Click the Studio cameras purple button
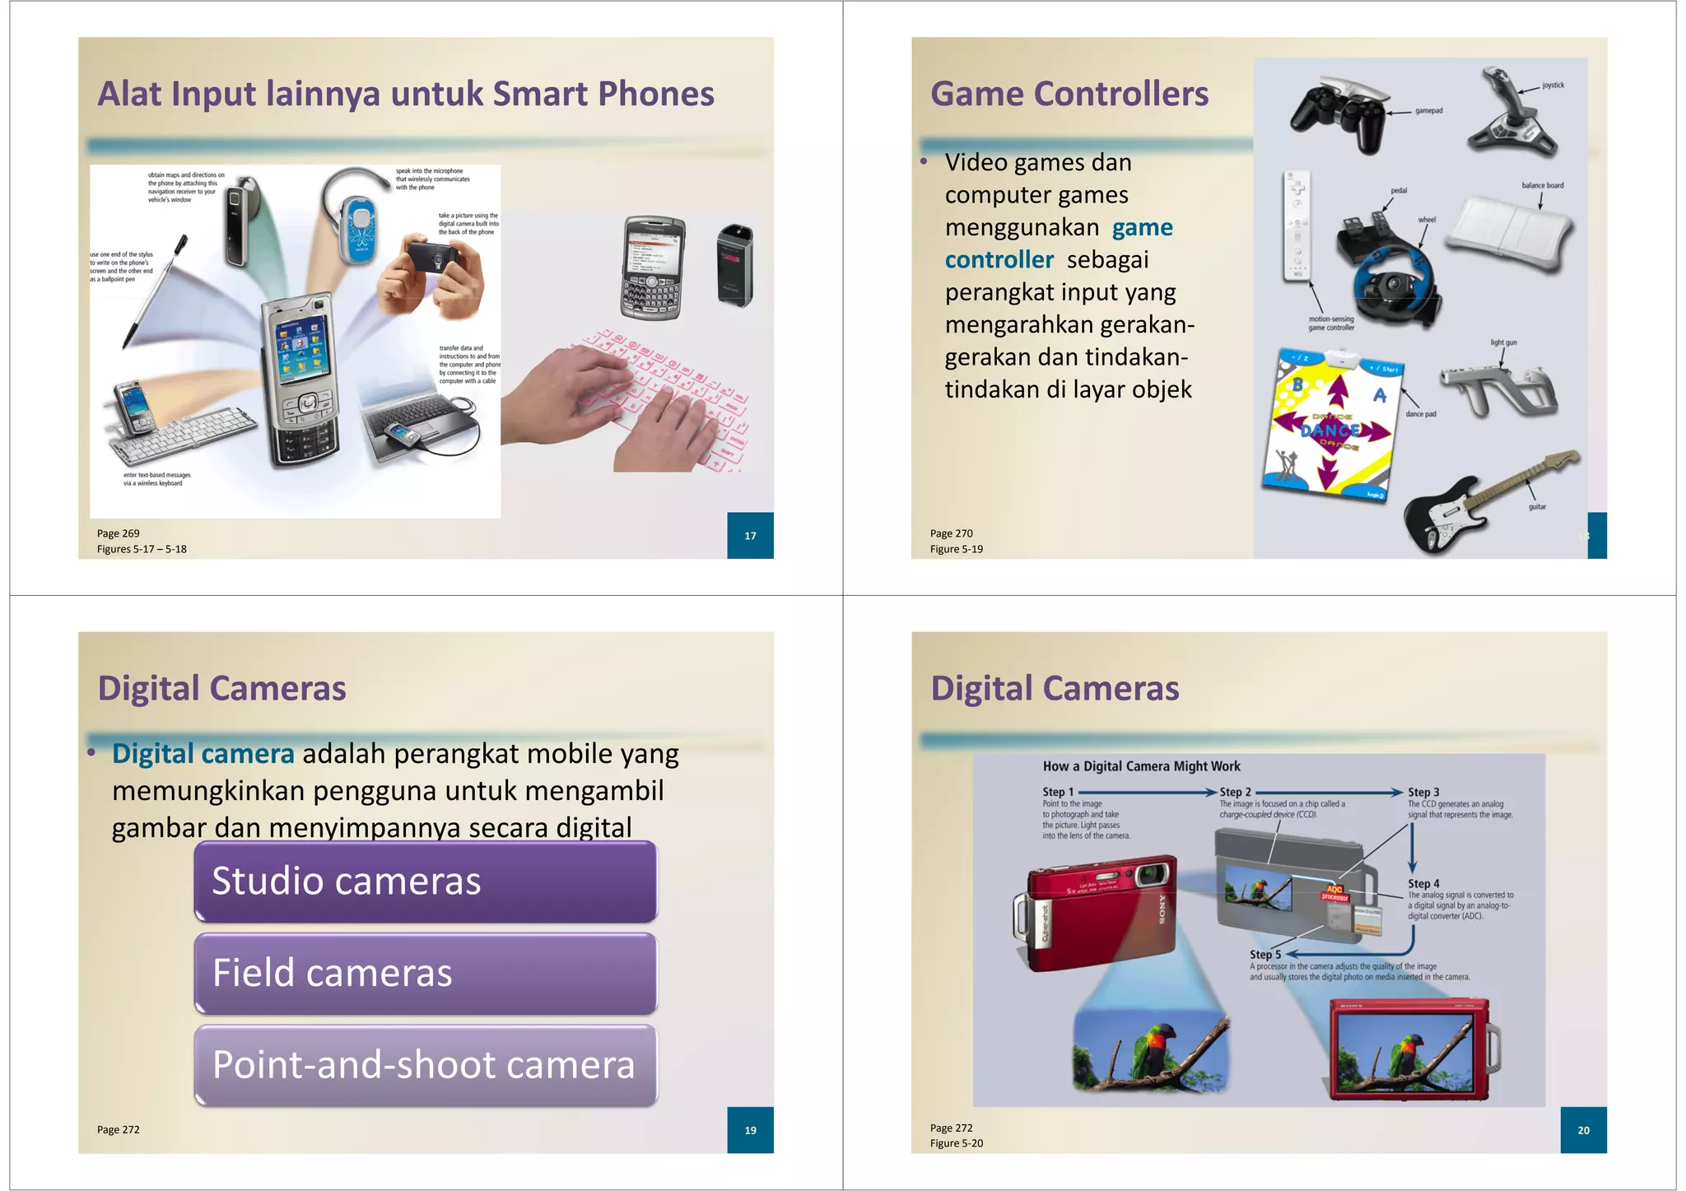click(x=425, y=882)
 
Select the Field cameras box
click(x=425, y=973)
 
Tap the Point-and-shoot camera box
click(x=425, y=1065)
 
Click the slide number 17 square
click(x=750, y=536)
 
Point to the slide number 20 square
click(x=1583, y=1130)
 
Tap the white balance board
click(x=1508, y=232)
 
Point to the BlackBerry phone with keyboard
click(x=653, y=268)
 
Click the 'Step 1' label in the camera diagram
click(x=1058, y=792)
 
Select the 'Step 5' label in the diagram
click(x=1265, y=955)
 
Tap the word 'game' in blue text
click(x=1142, y=227)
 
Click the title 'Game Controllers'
click(x=1069, y=94)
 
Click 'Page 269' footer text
click(x=119, y=533)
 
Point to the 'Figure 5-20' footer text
click(x=957, y=1143)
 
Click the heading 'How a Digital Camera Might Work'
click(x=1141, y=766)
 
